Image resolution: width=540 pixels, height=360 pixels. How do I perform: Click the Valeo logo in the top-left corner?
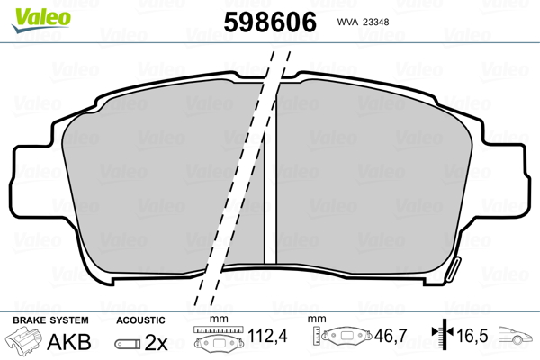tap(41, 20)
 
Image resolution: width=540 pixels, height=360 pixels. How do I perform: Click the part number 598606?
tap(270, 22)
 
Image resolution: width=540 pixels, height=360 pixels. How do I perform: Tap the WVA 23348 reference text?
tap(363, 22)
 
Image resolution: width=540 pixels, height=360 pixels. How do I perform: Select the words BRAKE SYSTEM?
tap(50, 320)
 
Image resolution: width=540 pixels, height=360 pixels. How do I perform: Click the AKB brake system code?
tap(69, 342)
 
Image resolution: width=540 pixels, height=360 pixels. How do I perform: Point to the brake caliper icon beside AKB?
tap(24, 340)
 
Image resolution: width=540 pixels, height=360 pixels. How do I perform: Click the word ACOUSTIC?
tap(140, 320)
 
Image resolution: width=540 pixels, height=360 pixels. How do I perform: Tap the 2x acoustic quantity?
tap(156, 342)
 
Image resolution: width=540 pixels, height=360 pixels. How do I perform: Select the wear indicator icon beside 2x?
tap(128, 344)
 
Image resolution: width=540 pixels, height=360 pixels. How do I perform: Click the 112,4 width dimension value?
tap(267, 336)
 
